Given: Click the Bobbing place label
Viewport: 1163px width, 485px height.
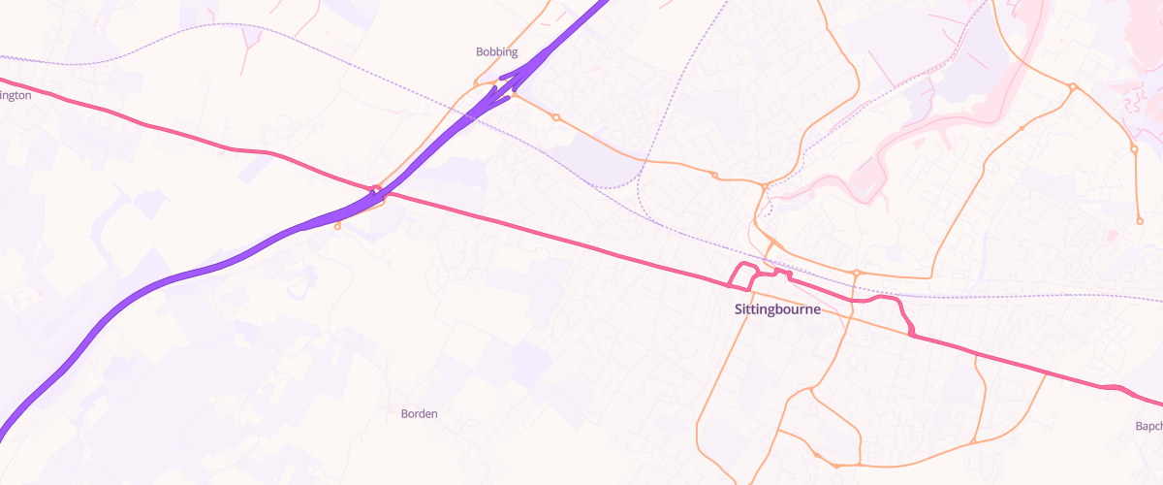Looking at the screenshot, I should tap(497, 51).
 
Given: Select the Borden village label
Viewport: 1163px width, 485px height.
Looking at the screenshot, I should tap(420, 413).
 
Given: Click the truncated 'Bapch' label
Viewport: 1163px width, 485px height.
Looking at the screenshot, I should tap(1148, 426).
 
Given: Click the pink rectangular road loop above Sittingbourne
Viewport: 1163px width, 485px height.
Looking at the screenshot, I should tap(741, 275).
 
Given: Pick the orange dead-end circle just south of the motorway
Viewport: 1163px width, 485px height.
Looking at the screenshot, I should tap(337, 227).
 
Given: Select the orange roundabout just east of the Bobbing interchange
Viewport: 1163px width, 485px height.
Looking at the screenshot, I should tap(555, 117).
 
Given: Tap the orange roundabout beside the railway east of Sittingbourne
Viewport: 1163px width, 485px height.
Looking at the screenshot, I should tap(857, 273).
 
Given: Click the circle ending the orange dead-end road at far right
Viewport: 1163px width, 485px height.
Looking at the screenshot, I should tap(1140, 220).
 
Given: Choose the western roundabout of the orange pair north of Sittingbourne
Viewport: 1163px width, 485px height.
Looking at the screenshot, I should tap(714, 176).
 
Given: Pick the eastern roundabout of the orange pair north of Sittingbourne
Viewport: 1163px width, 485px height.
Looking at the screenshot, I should tap(765, 185).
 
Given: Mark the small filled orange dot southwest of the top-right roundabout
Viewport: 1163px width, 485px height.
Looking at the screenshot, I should tap(1022, 128).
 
